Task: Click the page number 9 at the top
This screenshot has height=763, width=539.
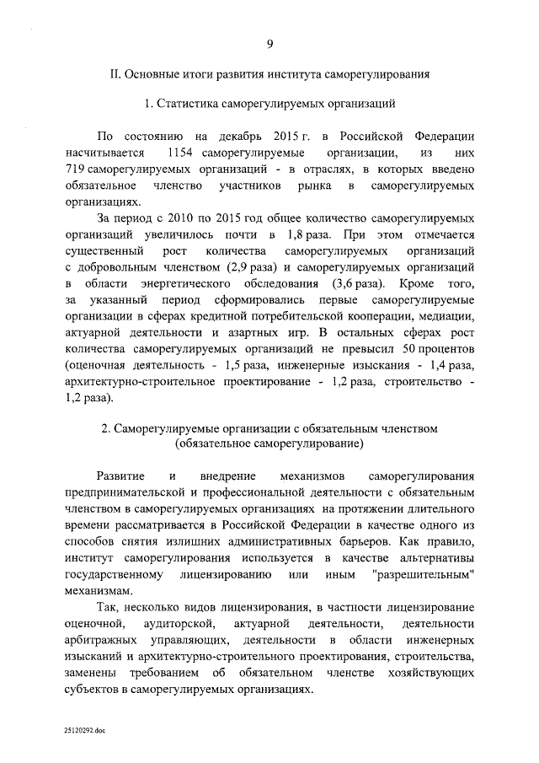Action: coord(269,45)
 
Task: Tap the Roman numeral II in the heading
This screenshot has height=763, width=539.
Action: coord(118,75)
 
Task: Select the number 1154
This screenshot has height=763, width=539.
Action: coord(184,153)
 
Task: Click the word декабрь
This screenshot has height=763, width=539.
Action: coord(243,137)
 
